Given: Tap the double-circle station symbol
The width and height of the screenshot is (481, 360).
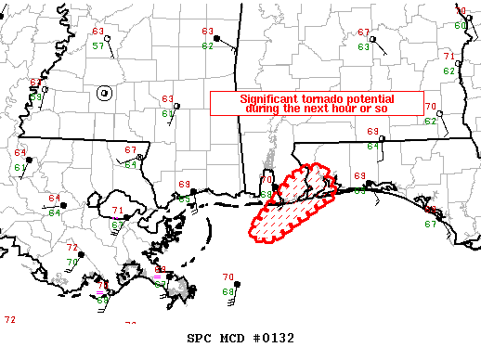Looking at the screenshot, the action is [x=104, y=92].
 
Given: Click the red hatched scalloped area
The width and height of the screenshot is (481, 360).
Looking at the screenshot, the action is [x=288, y=209].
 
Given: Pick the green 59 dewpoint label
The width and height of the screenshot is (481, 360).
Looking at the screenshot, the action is [x=36, y=94].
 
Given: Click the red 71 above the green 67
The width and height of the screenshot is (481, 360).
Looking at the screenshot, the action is [x=118, y=212].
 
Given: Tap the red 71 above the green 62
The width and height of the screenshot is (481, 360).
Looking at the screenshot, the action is [x=448, y=57].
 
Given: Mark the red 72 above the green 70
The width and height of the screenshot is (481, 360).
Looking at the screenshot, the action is [x=72, y=248].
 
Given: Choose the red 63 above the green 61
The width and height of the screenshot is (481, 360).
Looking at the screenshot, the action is [x=168, y=99].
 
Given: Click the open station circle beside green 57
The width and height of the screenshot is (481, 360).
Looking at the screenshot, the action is [x=108, y=38].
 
